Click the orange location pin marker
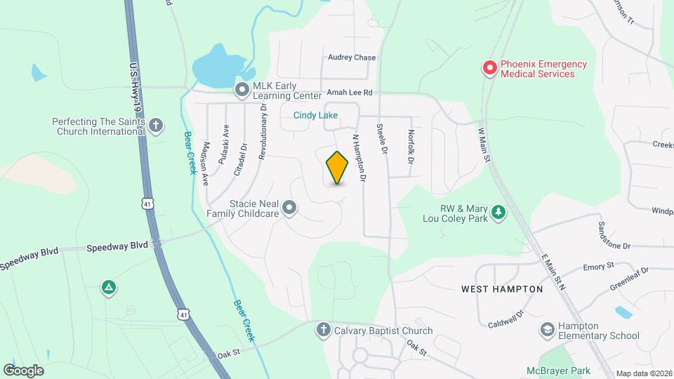(338, 168)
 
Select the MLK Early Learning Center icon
(242, 89)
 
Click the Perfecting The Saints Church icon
(156, 126)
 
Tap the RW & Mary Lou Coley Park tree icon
(498, 211)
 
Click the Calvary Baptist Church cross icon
(324, 331)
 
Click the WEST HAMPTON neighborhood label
(502, 289)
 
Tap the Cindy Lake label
(315, 115)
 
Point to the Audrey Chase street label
(352, 58)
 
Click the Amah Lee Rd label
(349, 93)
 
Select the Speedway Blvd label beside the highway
(117, 247)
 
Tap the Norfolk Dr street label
(411, 147)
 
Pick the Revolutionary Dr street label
(263, 133)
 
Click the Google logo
(23, 370)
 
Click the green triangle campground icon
(108, 288)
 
